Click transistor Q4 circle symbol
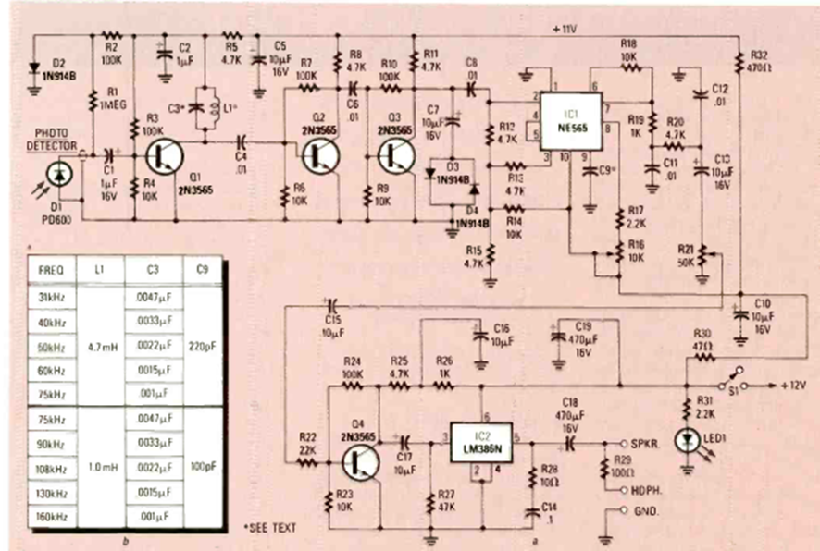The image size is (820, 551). tap(361, 459)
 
